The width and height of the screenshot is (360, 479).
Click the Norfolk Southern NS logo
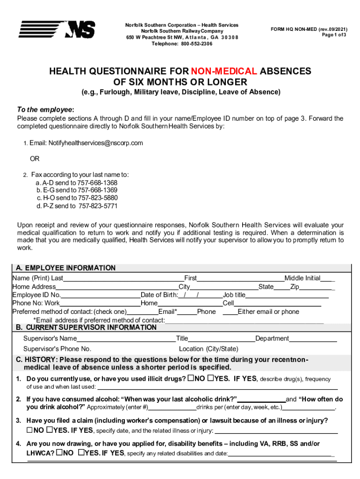pos(57,29)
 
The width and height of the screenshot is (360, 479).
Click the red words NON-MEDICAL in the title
pos(223,71)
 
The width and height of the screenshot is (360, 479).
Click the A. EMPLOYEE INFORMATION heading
pos(65,268)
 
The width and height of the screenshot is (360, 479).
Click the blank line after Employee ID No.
pos(100,295)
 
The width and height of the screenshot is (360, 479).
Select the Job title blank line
pos(287,295)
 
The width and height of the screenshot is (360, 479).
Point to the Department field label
pos(272,338)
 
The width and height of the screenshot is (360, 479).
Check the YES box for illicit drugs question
pos(210,378)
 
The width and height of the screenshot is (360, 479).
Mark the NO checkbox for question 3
pos(29,430)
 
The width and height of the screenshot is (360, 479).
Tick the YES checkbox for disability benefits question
pos(81,452)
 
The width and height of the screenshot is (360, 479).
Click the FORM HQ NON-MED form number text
pos(309,29)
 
